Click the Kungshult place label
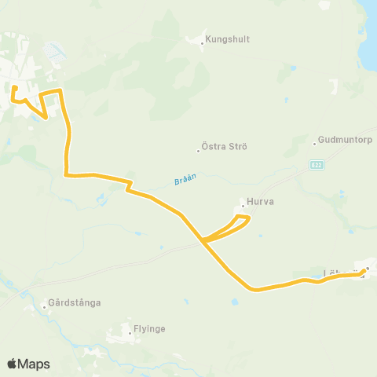click(x=228, y=38)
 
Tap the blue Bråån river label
click(x=182, y=180)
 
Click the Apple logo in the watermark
click(x=12, y=364)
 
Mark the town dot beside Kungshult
click(x=202, y=43)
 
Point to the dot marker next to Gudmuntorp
click(x=314, y=144)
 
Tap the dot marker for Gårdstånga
click(x=44, y=306)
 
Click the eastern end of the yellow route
click(x=365, y=271)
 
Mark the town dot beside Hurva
click(x=243, y=207)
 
